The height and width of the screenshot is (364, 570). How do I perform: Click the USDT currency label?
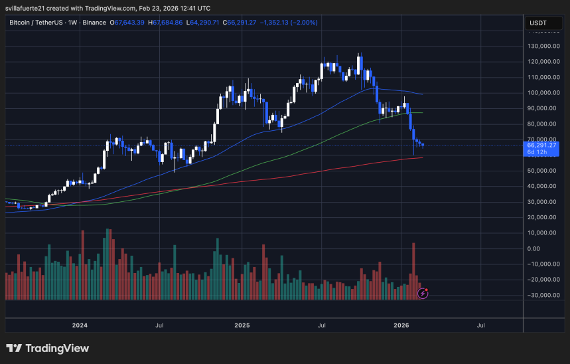coord(538,23)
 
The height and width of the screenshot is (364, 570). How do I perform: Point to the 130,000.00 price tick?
coord(542,46)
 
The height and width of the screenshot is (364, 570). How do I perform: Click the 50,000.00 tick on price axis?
coord(542,171)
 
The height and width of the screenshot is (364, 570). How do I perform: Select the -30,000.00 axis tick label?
coord(542,295)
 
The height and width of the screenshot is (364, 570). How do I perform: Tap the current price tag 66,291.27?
coord(541,145)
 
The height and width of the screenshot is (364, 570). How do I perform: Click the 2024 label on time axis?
coord(80,325)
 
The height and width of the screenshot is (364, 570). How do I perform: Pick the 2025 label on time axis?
coord(242,325)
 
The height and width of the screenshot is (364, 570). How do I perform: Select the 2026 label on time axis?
coord(401,325)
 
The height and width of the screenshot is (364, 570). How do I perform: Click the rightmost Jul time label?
coord(480,325)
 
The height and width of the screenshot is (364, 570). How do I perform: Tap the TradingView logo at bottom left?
coord(47,348)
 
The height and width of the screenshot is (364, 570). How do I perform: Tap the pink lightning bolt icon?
coord(423,293)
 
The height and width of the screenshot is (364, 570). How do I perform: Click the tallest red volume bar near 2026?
coord(413,271)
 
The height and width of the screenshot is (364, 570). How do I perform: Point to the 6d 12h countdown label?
coord(537,152)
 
